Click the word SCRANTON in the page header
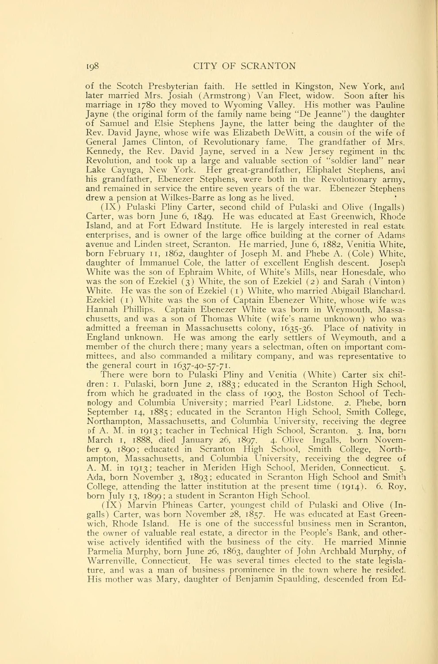(x=268, y=66)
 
